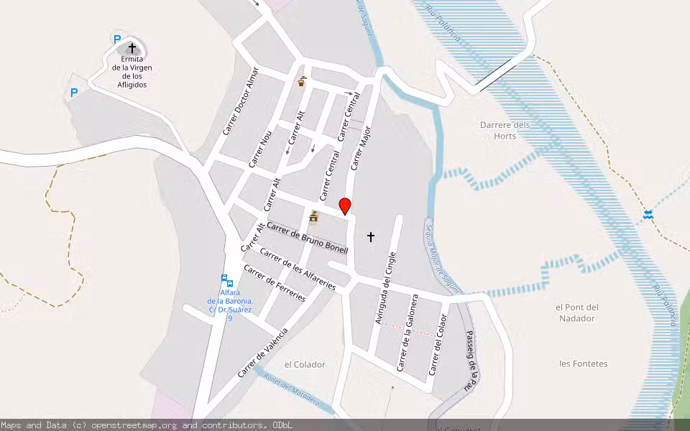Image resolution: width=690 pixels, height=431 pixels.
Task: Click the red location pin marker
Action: pos(345,206)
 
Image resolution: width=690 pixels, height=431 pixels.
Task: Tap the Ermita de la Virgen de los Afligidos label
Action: pos(132,72)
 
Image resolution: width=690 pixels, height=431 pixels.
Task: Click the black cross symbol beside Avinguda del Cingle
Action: pos(371,236)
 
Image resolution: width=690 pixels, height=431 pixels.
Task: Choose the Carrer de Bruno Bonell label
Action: pos(307,238)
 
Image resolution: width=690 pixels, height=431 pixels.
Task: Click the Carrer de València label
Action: pos(263,352)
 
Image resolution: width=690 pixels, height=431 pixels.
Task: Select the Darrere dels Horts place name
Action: pos(505,130)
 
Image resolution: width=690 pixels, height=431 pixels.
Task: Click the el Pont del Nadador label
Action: pos(577,312)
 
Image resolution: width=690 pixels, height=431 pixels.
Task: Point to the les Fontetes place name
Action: pos(583,363)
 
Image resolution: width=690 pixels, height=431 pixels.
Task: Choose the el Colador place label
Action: pos(305,364)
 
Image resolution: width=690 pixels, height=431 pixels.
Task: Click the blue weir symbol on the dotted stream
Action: pos(648,214)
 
